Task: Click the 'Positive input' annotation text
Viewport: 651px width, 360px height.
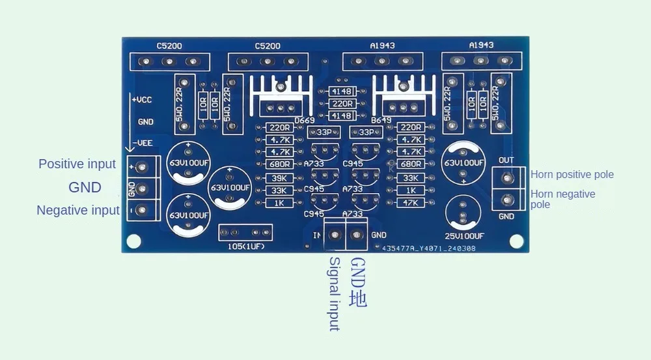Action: pyautogui.click(x=77, y=164)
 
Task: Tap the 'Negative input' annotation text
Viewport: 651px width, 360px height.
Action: pyautogui.click(x=78, y=210)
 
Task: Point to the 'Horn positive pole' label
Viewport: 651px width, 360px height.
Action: pyautogui.click(x=572, y=174)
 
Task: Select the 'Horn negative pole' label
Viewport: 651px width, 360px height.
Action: pyautogui.click(x=562, y=199)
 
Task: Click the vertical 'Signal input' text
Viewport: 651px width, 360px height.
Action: pyautogui.click(x=334, y=293)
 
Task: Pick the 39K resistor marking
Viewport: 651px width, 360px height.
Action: pyautogui.click(x=279, y=178)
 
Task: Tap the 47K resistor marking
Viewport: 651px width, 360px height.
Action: pyautogui.click(x=410, y=203)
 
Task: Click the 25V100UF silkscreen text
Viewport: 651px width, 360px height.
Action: pyautogui.click(x=464, y=236)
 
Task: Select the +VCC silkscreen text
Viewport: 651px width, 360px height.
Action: pyautogui.click(x=143, y=100)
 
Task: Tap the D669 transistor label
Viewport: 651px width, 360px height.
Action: pyautogui.click(x=304, y=121)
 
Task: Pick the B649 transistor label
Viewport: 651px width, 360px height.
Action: pyautogui.click(x=381, y=121)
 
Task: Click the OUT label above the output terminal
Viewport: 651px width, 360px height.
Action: pyautogui.click(x=506, y=160)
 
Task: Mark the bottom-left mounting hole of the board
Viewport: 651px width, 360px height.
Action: pyautogui.click(x=133, y=241)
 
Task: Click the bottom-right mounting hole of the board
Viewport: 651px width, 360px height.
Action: pyautogui.click(x=517, y=241)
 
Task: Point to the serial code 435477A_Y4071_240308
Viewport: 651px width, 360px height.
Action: pyautogui.click(x=428, y=248)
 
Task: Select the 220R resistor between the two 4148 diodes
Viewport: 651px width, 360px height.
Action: pyautogui.click(x=342, y=104)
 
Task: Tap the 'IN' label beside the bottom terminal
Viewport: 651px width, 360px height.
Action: pyautogui.click(x=317, y=235)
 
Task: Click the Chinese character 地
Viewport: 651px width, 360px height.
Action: pyautogui.click(x=358, y=299)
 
